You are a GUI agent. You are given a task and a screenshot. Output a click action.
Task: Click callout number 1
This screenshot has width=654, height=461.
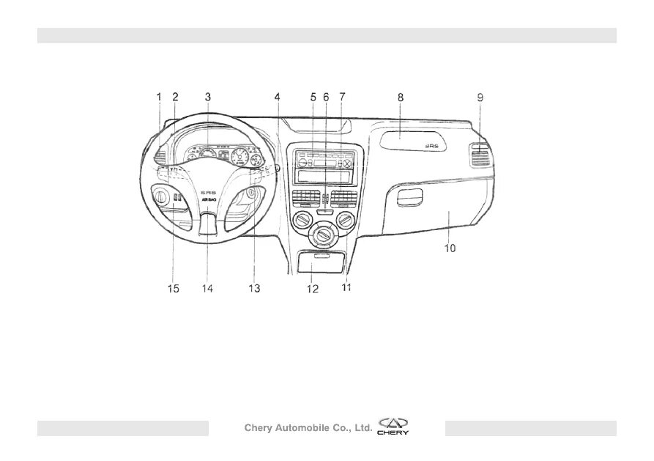(159, 96)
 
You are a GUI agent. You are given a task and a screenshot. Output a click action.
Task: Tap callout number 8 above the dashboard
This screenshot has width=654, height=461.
(401, 96)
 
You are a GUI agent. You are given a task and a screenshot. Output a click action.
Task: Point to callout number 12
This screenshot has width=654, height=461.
(313, 289)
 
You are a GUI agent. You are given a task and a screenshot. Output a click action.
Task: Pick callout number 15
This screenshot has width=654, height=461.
(173, 289)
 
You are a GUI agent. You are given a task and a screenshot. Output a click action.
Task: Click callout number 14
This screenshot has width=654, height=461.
(207, 289)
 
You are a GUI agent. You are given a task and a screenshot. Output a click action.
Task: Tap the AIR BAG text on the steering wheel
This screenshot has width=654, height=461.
(207, 199)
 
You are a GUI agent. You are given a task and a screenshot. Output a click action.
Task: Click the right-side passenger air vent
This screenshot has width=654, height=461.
(480, 156)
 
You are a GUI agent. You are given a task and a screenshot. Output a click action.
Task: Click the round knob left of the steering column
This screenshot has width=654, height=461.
(160, 196)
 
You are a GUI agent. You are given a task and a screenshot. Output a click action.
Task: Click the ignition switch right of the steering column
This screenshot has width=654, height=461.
(250, 194)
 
